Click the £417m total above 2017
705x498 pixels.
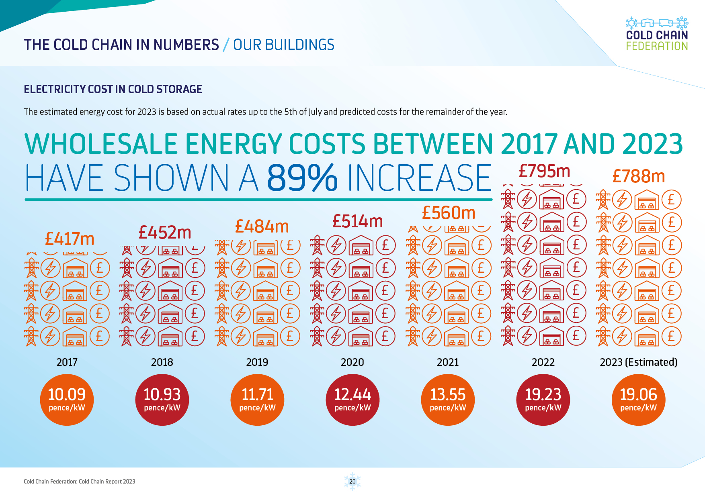click(70, 239)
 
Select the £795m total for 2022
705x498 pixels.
click(544, 171)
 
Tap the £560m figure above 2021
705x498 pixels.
click(449, 213)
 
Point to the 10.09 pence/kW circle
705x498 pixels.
click(67, 400)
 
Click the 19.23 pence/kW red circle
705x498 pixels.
click(543, 400)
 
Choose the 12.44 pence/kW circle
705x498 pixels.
click(352, 400)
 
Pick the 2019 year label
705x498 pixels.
click(257, 362)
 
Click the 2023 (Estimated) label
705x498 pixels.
click(638, 362)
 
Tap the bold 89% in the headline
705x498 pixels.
click(302, 178)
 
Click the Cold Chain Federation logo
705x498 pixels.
click(657, 34)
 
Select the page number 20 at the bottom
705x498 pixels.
click(352, 481)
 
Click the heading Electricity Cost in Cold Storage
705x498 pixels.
click(113, 89)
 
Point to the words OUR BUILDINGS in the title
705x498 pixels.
click(283, 45)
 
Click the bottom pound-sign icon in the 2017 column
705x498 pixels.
click(100, 336)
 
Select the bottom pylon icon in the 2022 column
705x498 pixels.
click(508, 336)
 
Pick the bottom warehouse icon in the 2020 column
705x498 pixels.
click(361, 336)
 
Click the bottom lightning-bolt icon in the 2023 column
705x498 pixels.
click(622, 336)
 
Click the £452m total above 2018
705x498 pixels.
click(165, 233)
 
